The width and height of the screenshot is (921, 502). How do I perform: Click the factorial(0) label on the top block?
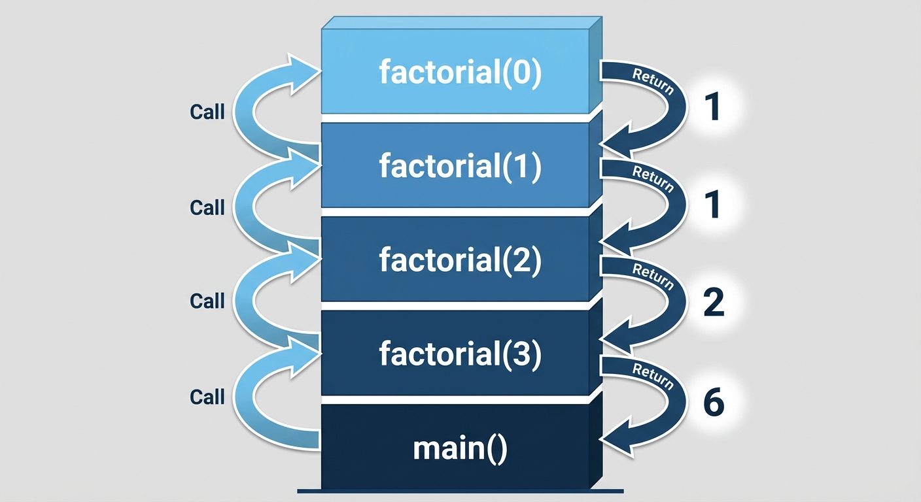tap(460, 73)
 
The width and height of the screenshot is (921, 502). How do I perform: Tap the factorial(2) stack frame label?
tap(460, 260)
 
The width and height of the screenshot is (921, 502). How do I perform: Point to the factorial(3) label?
tap(460, 354)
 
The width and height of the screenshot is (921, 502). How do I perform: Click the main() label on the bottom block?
tap(460, 450)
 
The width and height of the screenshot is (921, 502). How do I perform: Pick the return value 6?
tap(713, 403)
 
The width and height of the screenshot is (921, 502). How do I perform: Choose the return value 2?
tap(713, 303)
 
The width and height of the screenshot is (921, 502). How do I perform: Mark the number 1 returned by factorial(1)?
tap(713, 205)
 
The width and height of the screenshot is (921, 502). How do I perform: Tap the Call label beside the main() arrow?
tap(207, 397)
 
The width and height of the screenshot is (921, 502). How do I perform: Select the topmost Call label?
tap(207, 112)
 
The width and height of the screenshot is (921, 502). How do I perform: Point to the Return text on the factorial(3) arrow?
tap(652, 376)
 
